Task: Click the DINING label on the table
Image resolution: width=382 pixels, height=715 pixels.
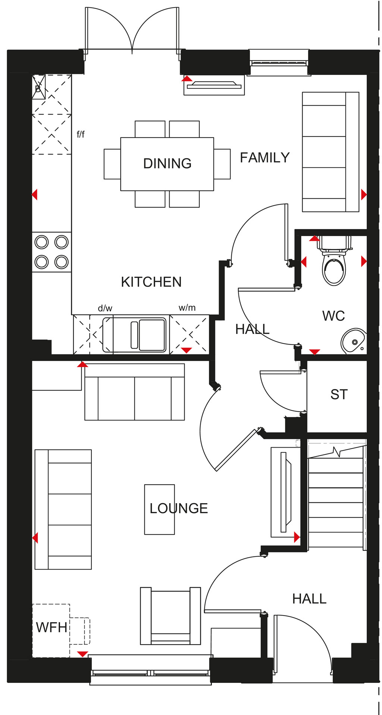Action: point(167,163)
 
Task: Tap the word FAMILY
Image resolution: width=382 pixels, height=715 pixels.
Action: point(264,158)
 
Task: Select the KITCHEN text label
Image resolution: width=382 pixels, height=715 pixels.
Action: point(151,282)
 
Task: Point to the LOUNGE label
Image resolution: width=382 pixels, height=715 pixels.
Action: point(179,508)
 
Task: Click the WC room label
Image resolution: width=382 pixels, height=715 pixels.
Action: point(334,316)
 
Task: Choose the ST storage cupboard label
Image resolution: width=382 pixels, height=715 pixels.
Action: point(339,395)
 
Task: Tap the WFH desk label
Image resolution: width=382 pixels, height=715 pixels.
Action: point(51,627)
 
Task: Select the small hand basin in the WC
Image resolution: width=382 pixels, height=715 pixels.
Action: point(353,341)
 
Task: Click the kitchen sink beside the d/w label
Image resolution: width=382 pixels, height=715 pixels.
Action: point(134,335)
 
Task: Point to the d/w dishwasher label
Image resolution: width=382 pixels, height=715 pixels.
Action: point(105,308)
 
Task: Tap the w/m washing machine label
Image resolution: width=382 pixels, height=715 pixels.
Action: point(187,308)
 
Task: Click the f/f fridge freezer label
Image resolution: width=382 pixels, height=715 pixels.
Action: point(81,134)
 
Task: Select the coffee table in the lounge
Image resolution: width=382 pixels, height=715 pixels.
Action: point(159,509)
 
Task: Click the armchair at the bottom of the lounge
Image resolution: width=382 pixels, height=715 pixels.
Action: point(170,616)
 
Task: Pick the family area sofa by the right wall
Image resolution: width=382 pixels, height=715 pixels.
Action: point(331,152)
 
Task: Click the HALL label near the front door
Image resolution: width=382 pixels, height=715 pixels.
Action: point(309,599)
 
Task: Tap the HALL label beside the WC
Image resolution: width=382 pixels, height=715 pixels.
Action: point(252,329)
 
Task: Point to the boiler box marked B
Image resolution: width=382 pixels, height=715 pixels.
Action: point(38,87)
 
